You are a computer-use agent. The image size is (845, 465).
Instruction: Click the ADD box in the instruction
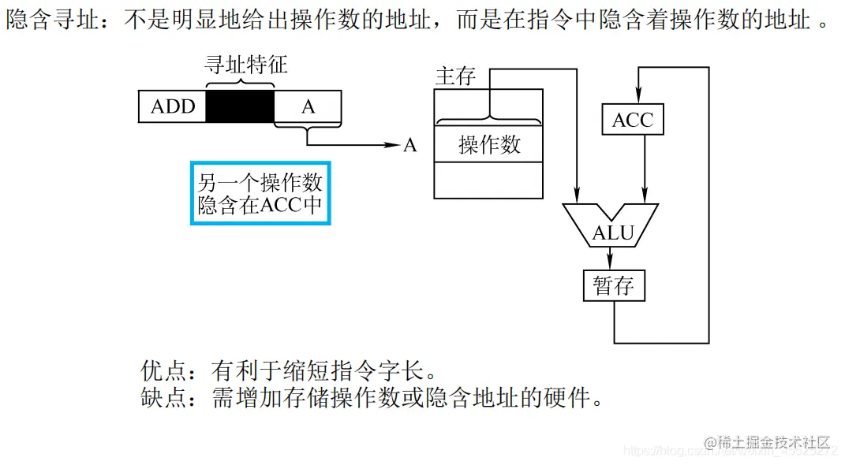click(x=172, y=106)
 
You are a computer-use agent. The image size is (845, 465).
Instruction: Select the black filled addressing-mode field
click(x=240, y=106)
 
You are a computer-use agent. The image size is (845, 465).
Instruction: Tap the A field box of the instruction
click(x=308, y=106)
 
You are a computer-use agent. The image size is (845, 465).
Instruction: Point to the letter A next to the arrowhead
click(x=409, y=146)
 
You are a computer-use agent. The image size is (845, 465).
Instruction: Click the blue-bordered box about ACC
click(x=260, y=193)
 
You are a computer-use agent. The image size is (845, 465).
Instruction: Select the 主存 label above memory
click(x=455, y=76)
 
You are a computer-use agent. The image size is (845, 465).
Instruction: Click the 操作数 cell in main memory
click(x=489, y=144)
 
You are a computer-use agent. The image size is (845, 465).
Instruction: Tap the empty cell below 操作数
click(x=489, y=180)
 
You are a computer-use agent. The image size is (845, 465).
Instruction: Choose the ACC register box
click(x=632, y=120)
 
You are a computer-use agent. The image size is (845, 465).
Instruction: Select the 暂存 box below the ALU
click(x=614, y=285)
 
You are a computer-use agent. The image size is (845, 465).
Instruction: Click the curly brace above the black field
click(x=240, y=82)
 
